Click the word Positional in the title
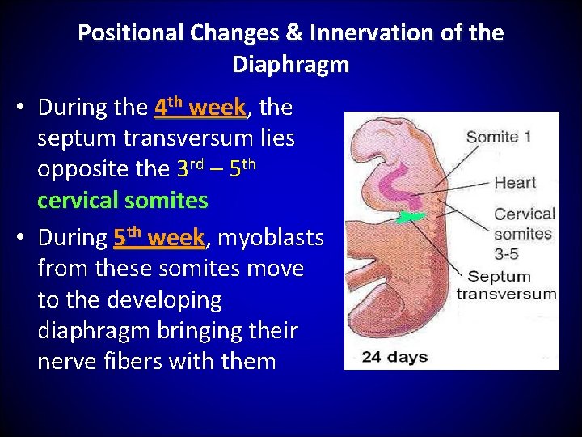130,33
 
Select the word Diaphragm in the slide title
290,64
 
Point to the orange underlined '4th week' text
200,107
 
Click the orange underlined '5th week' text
159,238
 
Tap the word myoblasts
270,238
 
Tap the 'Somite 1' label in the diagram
498,137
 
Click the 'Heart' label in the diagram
515,182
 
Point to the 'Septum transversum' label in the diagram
506,284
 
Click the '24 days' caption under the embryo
395,355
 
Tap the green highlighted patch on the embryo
413,217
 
